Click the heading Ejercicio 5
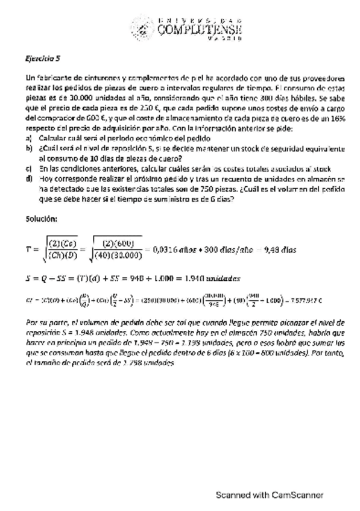(43, 59)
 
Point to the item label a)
(29, 138)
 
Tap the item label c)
(29, 169)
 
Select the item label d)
(29, 178)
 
